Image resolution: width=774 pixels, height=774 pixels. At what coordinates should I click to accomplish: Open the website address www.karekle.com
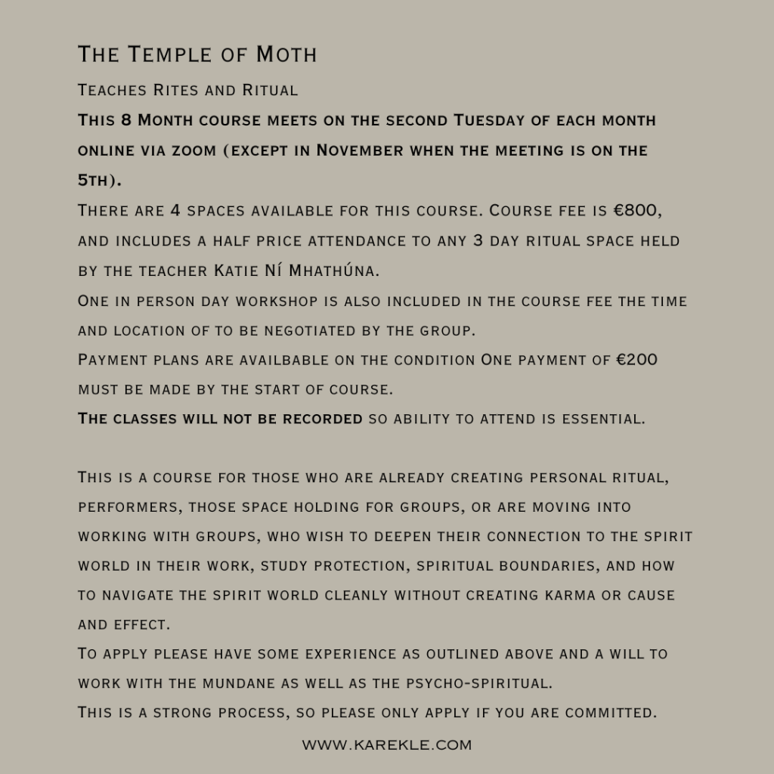coord(387,745)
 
